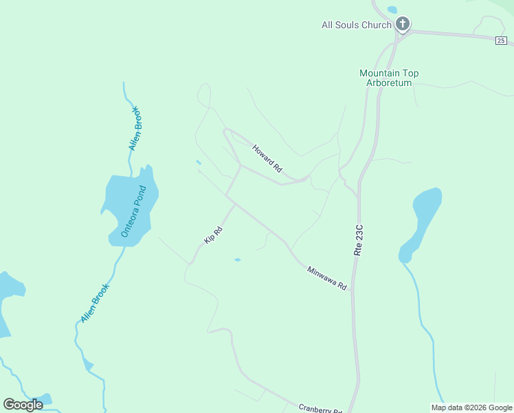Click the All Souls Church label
click(x=356, y=25)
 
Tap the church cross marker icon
click(x=403, y=25)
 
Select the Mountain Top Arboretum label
click(x=389, y=78)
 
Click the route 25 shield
click(x=501, y=41)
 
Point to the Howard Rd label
click(x=267, y=158)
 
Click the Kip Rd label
click(x=214, y=235)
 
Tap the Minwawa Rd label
click(x=327, y=278)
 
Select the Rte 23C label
click(x=358, y=240)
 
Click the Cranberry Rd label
click(x=320, y=408)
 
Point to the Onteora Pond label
click(x=134, y=211)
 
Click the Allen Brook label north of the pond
click(x=135, y=129)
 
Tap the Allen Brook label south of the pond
click(x=95, y=304)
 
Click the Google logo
click(x=23, y=405)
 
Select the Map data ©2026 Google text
click(x=471, y=407)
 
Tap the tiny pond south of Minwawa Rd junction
click(x=237, y=260)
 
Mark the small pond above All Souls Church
click(x=392, y=10)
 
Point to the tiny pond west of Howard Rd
click(x=199, y=162)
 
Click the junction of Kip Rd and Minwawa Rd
click(x=235, y=204)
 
